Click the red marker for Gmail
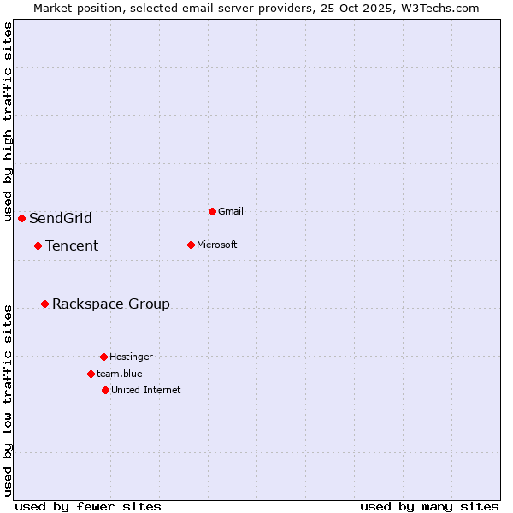212,211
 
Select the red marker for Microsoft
191,245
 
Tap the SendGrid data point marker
21,218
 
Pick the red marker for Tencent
38,245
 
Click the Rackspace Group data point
44,304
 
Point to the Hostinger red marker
103,357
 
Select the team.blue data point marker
91,374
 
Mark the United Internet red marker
105,390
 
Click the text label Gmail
231,211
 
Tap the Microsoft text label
216,245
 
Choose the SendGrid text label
61,218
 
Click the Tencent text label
72,245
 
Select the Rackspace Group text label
111,304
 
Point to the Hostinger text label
131,357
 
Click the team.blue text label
119,374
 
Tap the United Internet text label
145,390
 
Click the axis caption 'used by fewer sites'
88,506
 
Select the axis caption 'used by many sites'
429,506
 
